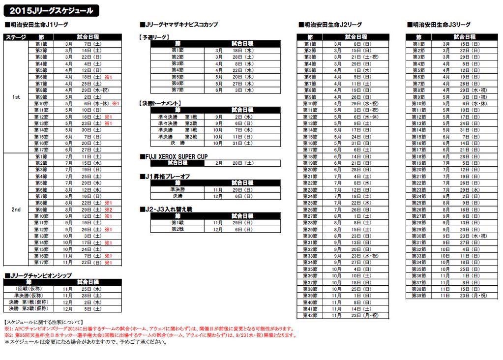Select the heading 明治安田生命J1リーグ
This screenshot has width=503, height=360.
[x=36, y=25]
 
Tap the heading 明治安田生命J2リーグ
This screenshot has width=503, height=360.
[x=330, y=25]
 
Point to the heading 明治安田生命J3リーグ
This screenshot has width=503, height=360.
[x=439, y=25]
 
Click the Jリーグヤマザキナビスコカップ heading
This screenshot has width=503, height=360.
[x=179, y=25]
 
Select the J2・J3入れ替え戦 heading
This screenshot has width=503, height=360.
[x=166, y=209]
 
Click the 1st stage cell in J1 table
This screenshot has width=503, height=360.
[x=16, y=97]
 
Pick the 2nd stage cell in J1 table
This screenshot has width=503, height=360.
[x=16, y=210]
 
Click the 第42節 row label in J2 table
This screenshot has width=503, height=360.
[x=310, y=315]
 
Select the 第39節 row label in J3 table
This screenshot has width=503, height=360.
[x=418, y=295]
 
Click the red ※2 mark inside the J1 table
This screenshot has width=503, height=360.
[x=109, y=210]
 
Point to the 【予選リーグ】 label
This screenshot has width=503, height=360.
[x=154, y=37]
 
